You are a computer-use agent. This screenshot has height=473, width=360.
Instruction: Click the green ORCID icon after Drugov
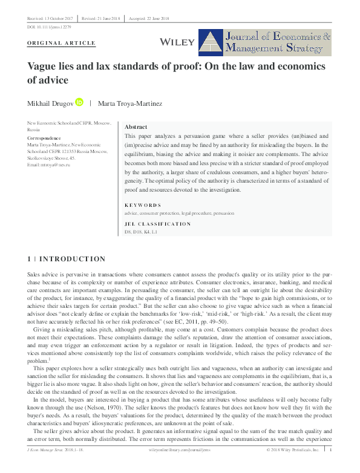click(x=79, y=103)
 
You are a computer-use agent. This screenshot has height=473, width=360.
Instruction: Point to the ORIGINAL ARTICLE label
click(x=62, y=44)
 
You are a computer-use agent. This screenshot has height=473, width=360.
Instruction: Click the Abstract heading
click(x=136, y=128)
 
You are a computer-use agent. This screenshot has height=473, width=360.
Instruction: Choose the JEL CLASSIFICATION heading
click(x=157, y=224)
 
